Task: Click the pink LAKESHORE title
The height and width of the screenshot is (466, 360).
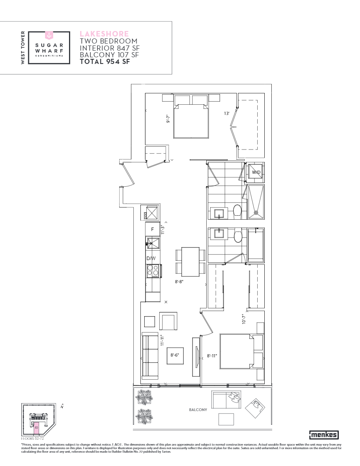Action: [x=104, y=34]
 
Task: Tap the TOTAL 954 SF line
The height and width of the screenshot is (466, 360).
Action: [x=105, y=62]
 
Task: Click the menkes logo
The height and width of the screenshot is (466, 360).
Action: [x=324, y=435]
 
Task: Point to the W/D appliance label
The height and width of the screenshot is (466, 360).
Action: [x=256, y=172]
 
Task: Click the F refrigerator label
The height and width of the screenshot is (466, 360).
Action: [x=153, y=229]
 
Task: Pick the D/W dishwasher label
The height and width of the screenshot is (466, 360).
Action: [x=151, y=258]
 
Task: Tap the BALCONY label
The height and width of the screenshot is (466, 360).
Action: [x=198, y=410]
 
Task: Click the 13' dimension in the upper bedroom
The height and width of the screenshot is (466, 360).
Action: [x=226, y=114]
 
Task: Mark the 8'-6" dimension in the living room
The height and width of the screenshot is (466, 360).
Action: [x=175, y=355]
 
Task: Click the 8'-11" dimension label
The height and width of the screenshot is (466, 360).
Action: [x=212, y=356]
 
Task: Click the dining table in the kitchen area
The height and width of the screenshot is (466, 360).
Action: [x=191, y=262]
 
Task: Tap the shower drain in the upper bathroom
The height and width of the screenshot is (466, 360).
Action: [x=256, y=213]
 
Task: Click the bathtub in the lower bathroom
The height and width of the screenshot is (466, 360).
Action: [x=256, y=245]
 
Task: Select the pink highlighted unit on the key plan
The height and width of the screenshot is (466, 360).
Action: [x=36, y=427]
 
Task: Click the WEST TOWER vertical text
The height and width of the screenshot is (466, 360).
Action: [x=23, y=47]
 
